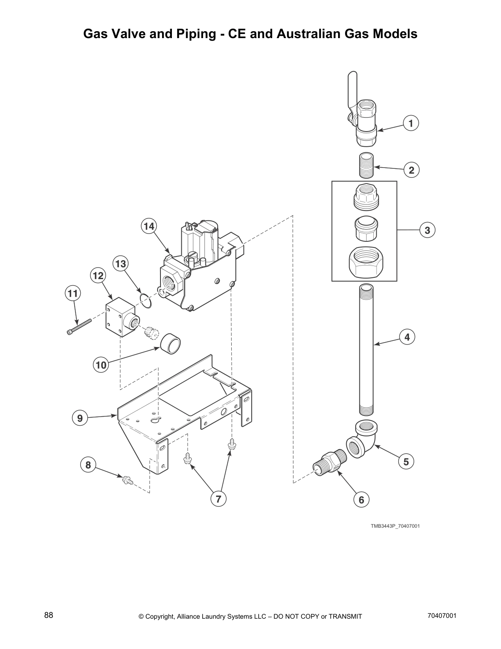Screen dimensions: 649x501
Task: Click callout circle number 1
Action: click(x=411, y=123)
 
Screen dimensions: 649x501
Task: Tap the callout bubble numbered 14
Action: click(x=149, y=226)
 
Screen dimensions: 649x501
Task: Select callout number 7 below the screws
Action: click(x=218, y=499)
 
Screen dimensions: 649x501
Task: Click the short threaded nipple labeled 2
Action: click(x=366, y=165)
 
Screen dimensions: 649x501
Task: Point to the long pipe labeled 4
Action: click(x=366, y=348)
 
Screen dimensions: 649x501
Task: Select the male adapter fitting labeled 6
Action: click(x=330, y=464)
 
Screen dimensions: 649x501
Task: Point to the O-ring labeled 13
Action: click(x=144, y=300)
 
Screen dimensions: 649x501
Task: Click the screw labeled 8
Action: click(x=126, y=479)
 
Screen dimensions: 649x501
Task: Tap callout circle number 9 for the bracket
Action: click(x=80, y=418)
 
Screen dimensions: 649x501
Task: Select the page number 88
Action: click(x=49, y=615)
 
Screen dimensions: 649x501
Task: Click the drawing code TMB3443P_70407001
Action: click(x=395, y=526)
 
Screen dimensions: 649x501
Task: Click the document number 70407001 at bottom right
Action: click(x=442, y=615)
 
